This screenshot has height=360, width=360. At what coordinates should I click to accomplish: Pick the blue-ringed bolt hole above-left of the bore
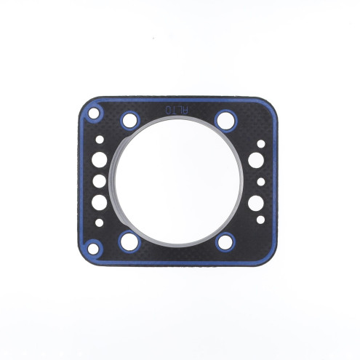(x=131, y=119)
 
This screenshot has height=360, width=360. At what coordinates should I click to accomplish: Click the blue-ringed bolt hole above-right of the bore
(x=224, y=119)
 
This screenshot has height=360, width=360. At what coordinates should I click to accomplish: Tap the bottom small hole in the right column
(x=257, y=219)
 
